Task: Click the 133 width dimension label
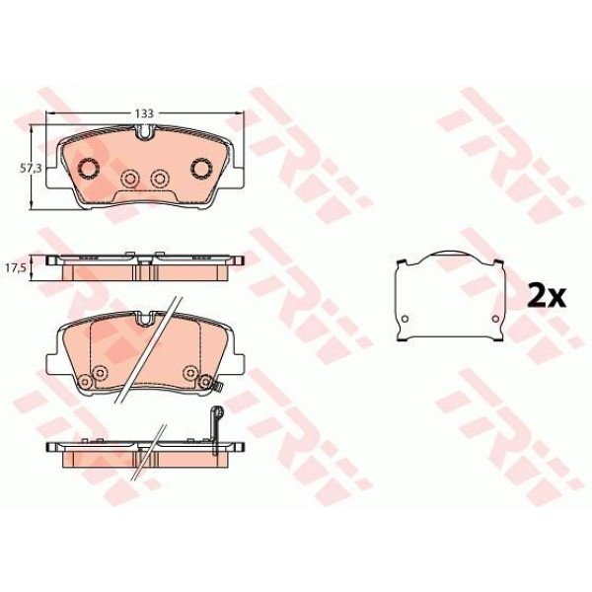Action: (143, 112)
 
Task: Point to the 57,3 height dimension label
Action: (31, 168)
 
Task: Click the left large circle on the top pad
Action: (87, 167)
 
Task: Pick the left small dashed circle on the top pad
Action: (128, 179)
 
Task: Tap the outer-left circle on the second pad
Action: (83, 383)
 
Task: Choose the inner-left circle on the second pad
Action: (99, 372)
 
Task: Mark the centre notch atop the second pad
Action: (144, 318)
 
